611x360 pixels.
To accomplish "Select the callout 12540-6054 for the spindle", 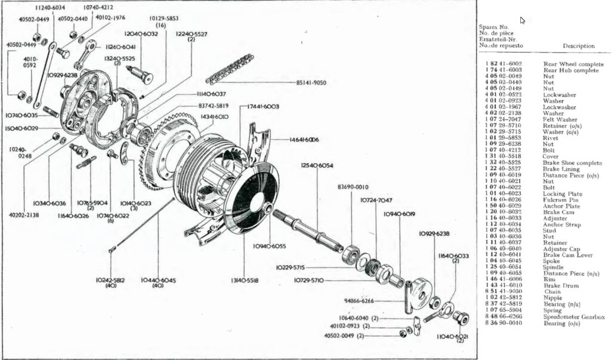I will tap(319, 165).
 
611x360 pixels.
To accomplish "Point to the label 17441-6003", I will tap(263, 106).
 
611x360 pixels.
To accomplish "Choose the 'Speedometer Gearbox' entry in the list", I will tap(573, 317).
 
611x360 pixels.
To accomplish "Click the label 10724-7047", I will tap(376, 199).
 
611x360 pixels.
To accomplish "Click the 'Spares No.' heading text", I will tap(494, 27).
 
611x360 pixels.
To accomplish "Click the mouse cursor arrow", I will tap(523, 20).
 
